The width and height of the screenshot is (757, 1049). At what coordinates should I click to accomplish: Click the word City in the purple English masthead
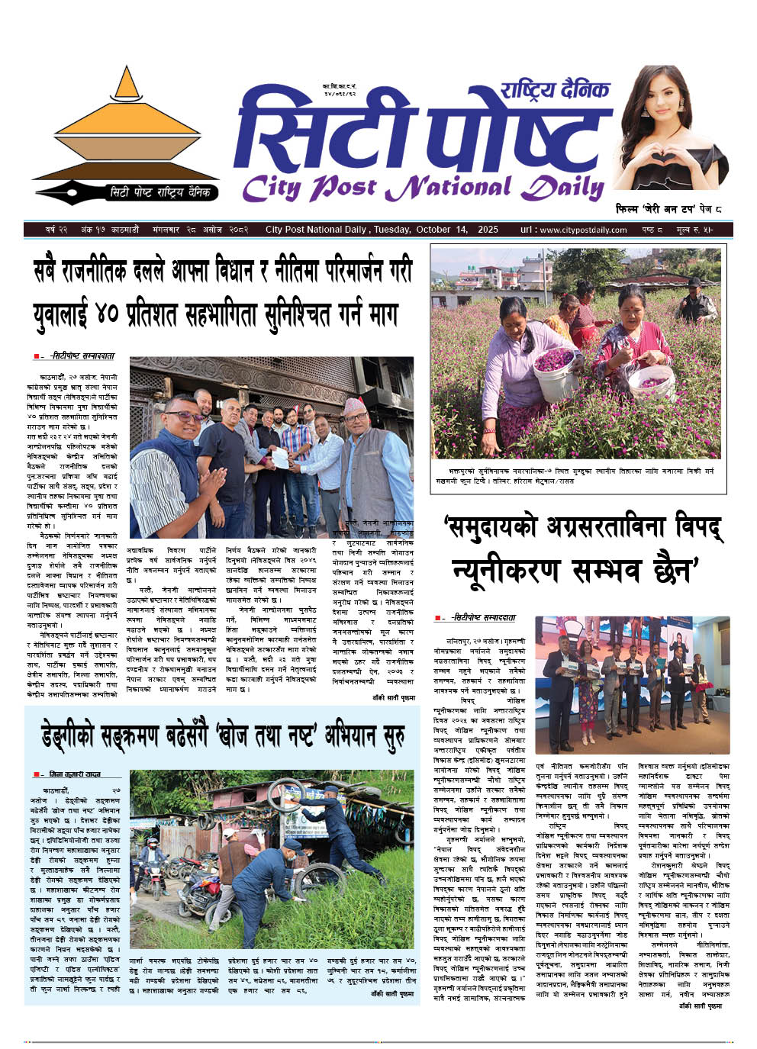(x=271, y=187)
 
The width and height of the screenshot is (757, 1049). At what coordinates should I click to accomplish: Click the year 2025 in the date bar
(x=488, y=230)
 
